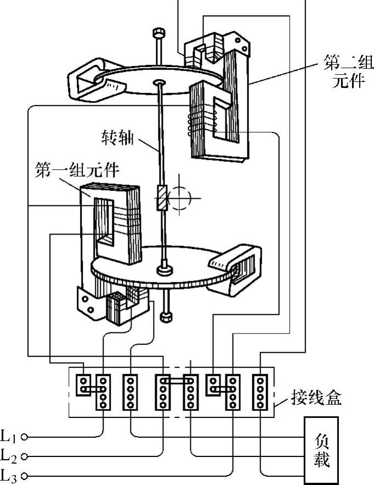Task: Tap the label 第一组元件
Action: click(77, 170)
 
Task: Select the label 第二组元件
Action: click(348, 72)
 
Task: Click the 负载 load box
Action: click(321, 450)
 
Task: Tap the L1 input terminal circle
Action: click(24, 437)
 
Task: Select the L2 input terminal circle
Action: click(24, 456)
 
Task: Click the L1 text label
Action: click(9, 436)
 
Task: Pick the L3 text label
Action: click(9, 476)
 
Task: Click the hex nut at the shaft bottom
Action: click(166, 317)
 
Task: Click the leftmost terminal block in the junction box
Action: click(83, 385)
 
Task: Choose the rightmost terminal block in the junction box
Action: click(260, 392)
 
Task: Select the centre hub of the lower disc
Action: click(164, 270)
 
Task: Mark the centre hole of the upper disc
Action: click(160, 82)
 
